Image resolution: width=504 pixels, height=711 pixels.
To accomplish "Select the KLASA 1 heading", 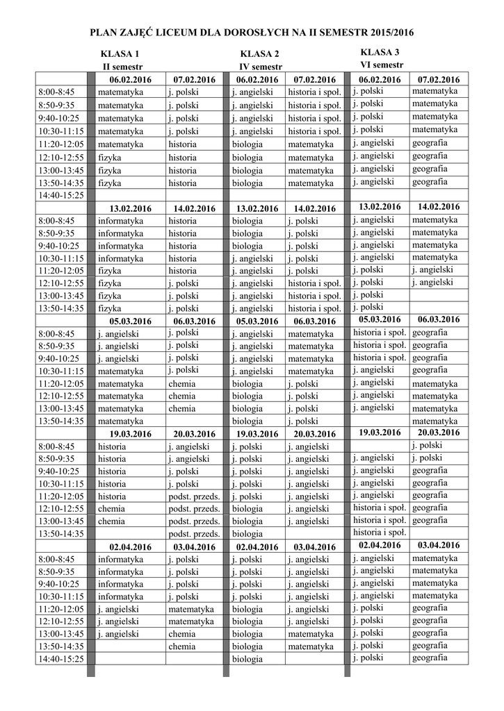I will pos(120,54).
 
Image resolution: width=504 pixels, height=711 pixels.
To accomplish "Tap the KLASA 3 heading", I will pos(380,53).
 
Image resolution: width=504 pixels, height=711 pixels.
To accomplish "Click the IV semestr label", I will pos(261,67).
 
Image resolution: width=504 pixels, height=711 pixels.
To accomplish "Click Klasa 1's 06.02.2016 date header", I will pos(130,80).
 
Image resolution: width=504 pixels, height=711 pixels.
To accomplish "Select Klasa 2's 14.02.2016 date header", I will pos(314,208).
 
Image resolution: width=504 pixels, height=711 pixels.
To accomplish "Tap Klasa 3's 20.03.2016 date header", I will pos(439,433).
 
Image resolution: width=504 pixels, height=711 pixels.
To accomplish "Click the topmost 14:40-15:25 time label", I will pos(60,196).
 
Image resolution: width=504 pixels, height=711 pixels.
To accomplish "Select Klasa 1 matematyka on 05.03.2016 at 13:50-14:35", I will pos(120,421).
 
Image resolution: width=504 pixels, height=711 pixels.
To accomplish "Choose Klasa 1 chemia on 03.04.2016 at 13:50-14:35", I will pos(181,646).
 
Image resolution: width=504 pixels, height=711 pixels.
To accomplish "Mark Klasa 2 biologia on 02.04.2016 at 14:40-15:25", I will pos(247,659).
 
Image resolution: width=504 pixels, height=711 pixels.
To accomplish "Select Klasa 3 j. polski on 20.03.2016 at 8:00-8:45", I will pos(427,445).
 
